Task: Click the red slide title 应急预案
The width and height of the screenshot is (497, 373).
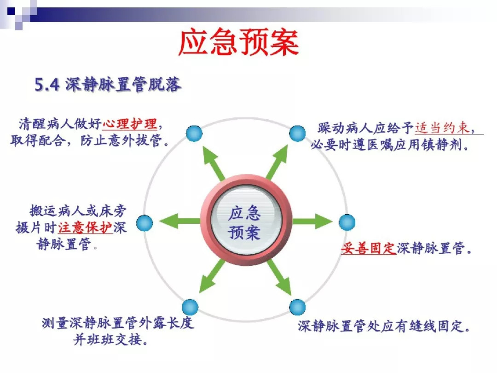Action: point(238,42)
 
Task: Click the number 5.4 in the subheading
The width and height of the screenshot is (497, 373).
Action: point(47,85)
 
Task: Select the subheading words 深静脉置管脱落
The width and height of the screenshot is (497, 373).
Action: point(123,85)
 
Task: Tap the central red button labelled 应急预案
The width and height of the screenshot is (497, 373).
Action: point(246,221)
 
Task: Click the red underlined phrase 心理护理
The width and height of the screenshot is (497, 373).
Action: point(130,124)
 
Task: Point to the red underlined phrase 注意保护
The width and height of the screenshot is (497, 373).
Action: point(85,227)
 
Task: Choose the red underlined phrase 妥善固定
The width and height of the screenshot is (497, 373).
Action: point(368,248)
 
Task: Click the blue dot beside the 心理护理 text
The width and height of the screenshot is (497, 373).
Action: point(194,133)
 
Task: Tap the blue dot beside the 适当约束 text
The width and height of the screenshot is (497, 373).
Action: point(297,133)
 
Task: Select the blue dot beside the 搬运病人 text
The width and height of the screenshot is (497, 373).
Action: point(144,223)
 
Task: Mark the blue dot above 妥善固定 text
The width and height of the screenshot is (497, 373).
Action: point(347,222)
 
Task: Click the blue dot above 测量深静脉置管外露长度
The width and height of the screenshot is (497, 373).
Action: point(190,307)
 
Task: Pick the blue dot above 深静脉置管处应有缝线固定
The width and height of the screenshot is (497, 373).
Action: point(297,307)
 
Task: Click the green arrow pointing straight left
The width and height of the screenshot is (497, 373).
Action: point(180,221)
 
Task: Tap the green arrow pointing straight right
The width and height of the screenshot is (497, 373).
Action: point(312,221)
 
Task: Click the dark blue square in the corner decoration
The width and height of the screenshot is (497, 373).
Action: point(12,12)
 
